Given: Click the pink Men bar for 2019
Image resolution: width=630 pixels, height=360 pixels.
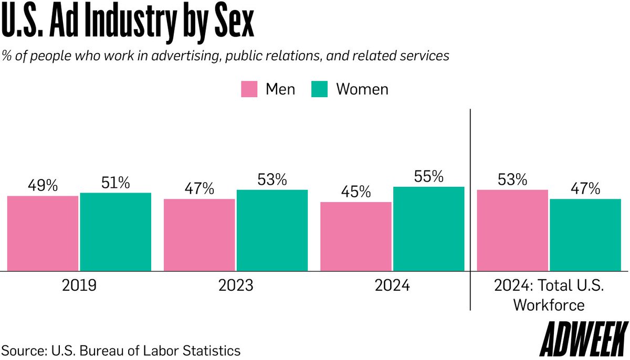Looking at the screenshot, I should (43, 234).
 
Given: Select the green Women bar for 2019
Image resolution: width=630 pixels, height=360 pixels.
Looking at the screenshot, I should (115, 232).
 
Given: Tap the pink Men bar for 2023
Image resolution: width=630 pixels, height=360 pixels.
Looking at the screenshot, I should (199, 235).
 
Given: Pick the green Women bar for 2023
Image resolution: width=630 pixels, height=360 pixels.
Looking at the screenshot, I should (272, 230).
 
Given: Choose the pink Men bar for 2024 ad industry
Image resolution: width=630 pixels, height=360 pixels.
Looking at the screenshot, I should (356, 237).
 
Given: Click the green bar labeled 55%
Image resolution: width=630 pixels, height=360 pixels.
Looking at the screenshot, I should (428, 229).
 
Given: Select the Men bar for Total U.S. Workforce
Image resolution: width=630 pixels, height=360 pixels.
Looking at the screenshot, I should (512, 230).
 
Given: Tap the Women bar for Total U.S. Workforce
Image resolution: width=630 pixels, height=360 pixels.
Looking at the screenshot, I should (585, 235).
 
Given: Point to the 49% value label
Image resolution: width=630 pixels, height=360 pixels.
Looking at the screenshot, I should (43, 186).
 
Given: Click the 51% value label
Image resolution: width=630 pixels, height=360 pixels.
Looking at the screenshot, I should (115, 183).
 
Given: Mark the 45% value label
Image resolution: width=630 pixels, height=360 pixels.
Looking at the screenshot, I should (356, 192).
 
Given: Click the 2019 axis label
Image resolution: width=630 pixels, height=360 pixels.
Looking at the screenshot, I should (79, 286).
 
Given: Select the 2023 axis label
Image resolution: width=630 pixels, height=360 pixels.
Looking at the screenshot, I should (235, 286).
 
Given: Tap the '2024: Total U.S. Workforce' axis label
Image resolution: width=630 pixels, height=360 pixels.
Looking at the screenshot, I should (549, 295).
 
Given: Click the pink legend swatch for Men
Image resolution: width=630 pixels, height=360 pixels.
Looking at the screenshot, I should (249, 89).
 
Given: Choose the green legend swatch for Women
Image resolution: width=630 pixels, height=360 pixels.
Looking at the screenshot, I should (319, 89).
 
